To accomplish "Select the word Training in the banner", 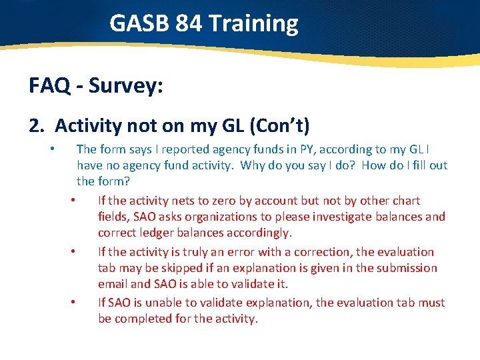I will pos(254,24).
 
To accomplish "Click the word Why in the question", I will pos(253,165).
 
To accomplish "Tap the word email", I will pos(113,284).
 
